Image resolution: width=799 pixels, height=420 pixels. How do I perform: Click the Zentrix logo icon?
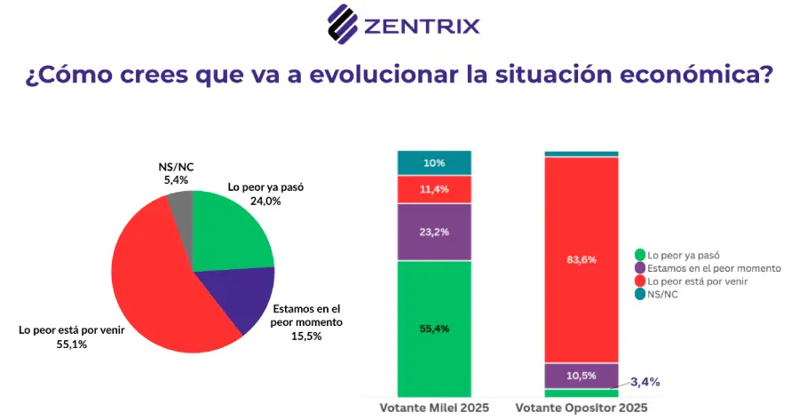[x=343, y=24]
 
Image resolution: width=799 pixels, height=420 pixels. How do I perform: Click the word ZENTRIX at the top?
[x=422, y=26]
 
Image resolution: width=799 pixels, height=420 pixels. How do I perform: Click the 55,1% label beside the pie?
[x=72, y=345]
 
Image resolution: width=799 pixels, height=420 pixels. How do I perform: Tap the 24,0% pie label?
[x=265, y=202]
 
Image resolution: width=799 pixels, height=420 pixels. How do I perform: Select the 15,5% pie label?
[x=306, y=337]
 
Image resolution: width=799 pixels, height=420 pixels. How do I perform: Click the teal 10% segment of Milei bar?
[x=434, y=162]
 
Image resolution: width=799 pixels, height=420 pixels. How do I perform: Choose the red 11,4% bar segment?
[x=434, y=190]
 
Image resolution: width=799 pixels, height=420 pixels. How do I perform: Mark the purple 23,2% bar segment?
[x=434, y=232]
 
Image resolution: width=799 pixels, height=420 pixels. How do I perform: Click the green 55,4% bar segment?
[x=434, y=329]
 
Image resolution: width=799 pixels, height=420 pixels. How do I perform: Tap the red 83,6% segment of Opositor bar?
[x=581, y=259]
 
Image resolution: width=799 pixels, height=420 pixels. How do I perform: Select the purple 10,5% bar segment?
[x=581, y=376]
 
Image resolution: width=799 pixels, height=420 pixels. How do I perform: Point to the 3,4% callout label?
[x=645, y=382]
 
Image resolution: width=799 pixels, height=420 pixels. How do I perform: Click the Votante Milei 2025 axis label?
[x=434, y=408]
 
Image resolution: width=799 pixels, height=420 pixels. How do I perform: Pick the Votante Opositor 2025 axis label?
[x=581, y=408]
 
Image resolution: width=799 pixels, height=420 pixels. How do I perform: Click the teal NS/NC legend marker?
[x=640, y=294]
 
